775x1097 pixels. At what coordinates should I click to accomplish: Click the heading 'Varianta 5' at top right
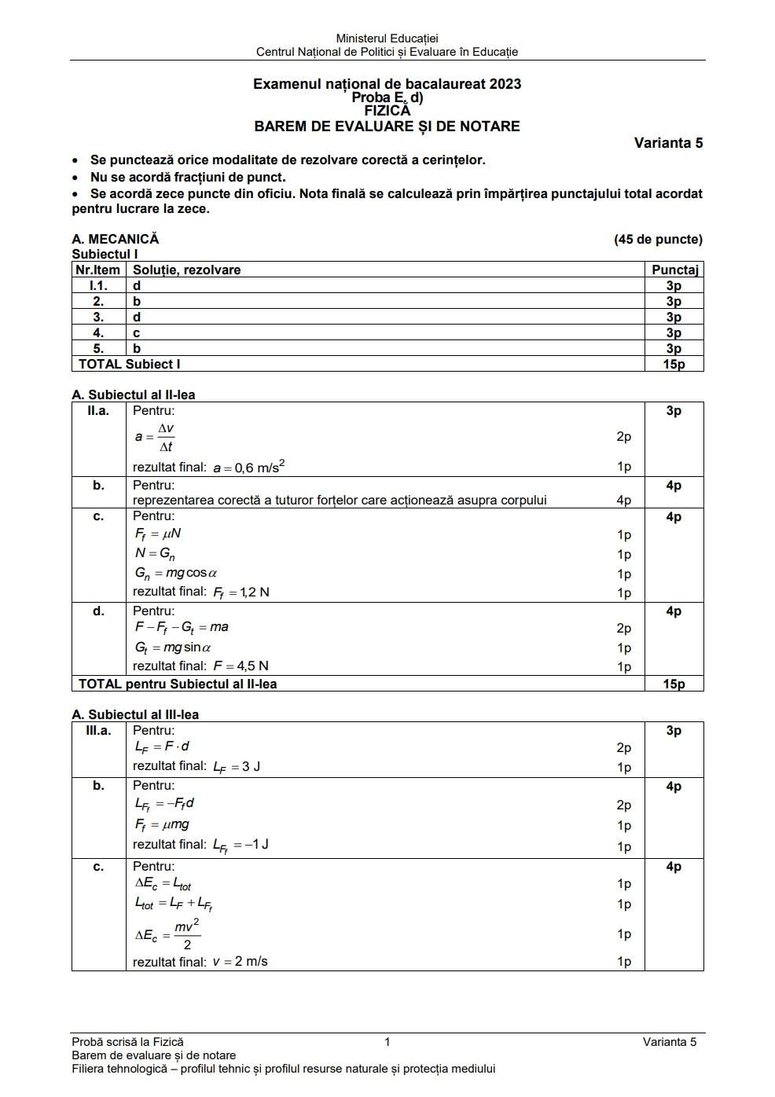pos(668,143)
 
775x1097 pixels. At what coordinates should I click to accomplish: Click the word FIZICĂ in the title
pos(387,111)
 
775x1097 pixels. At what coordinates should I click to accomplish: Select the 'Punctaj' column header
pos(674,270)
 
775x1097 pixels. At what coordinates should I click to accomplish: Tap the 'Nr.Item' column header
pos(98,270)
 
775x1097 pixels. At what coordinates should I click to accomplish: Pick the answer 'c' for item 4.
pos(137,333)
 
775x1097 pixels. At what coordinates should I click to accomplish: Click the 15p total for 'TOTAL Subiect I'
pos(674,365)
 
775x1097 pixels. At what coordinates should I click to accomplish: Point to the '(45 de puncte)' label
pos(658,240)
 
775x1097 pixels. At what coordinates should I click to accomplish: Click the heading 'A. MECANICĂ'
pos(116,240)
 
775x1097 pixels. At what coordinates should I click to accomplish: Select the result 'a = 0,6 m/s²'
pos(248,468)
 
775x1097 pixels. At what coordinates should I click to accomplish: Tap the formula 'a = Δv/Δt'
pos(155,437)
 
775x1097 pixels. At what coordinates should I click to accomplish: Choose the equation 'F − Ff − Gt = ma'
pos(182,628)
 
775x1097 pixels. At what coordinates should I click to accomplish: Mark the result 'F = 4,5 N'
pos(241,666)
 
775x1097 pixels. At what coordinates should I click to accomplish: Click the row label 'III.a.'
pos(98,731)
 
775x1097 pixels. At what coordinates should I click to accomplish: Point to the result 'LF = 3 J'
pos(237,767)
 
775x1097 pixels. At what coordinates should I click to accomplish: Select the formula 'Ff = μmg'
pos(162,825)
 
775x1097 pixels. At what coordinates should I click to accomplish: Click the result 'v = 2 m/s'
pos(240,962)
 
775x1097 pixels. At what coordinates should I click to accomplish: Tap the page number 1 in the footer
pos(387,1043)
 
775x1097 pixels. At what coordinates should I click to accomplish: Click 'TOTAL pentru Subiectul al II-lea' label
pos(178,684)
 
